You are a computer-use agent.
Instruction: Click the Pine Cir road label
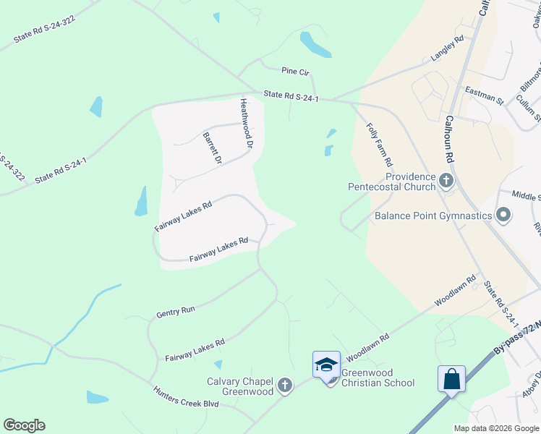[296, 72]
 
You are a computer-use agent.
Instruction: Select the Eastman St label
[484, 94]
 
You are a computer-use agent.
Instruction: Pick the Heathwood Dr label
[246, 124]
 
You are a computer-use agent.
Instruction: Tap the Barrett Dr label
[212, 148]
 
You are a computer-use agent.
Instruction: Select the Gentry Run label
[176, 311]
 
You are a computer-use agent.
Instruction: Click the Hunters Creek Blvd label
[186, 400]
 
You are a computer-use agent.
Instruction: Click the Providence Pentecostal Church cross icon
[446, 180]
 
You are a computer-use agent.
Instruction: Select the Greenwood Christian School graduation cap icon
[326, 364]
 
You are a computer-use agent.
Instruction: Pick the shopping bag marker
[451, 379]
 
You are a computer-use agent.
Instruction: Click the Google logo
[25, 425]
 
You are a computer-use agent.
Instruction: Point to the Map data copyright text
[495, 428]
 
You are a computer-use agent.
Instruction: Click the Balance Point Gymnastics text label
[433, 216]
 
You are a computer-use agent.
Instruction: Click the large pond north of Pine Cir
[315, 44]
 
